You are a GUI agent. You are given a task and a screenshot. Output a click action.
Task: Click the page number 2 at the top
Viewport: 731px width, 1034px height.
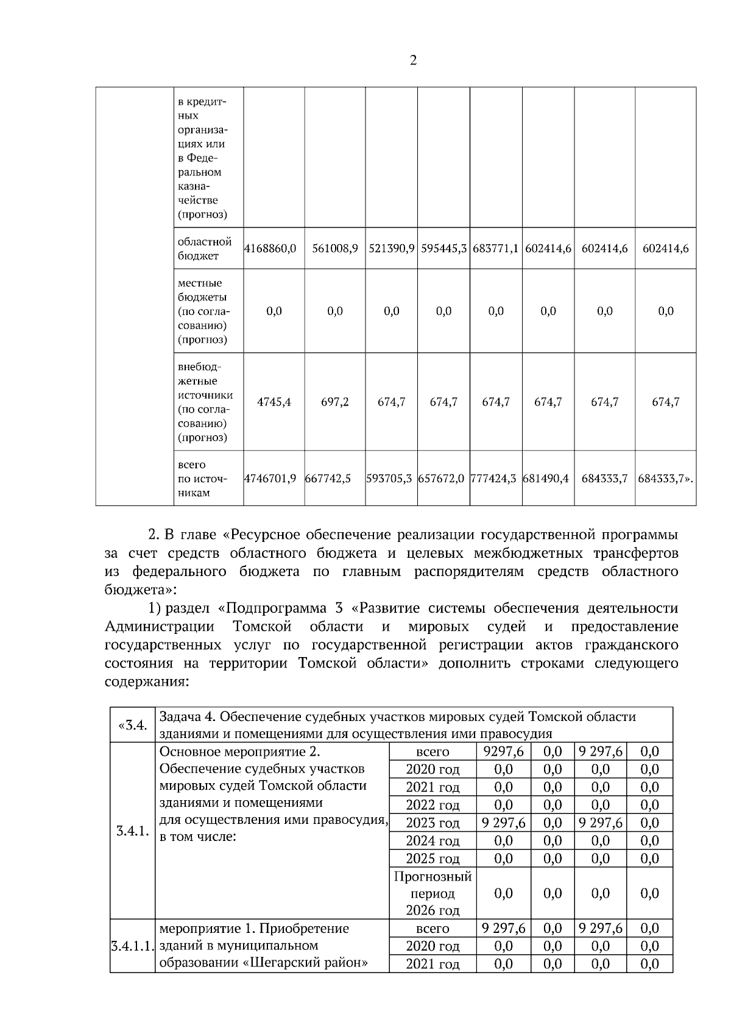tap(413, 61)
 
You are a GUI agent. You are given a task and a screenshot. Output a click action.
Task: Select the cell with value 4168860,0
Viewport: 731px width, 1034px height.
tap(270, 248)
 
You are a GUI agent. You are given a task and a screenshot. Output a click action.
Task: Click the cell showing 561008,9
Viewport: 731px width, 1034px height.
tap(335, 248)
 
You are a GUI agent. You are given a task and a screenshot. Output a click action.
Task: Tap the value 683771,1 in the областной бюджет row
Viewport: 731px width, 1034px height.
tap(495, 248)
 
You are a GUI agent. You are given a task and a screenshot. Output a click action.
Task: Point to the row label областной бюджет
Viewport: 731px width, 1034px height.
tap(205, 248)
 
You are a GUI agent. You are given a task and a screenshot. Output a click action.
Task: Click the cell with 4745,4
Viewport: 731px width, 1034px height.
tap(274, 402)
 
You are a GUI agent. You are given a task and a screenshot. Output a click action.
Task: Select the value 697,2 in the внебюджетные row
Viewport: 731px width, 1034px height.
tap(335, 402)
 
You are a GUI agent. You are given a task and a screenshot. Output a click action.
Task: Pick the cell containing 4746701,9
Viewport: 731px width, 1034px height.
tap(270, 479)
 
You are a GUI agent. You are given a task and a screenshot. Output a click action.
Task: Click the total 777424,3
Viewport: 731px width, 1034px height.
tap(495, 479)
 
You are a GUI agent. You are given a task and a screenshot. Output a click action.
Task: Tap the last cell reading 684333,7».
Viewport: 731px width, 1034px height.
tap(665, 479)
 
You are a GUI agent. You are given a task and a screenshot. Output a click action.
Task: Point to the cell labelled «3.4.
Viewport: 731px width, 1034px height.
tap(133, 725)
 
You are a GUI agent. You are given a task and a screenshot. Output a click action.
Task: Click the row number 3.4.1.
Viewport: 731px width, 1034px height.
tap(133, 831)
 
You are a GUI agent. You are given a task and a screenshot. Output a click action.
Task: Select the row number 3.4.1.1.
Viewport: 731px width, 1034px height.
tap(133, 946)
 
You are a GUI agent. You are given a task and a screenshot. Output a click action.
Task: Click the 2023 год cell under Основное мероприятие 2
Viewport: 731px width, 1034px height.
tap(433, 823)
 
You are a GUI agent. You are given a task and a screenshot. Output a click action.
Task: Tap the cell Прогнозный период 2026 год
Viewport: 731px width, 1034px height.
tap(433, 893)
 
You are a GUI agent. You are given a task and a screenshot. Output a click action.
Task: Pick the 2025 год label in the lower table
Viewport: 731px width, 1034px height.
tap(433, 859)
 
